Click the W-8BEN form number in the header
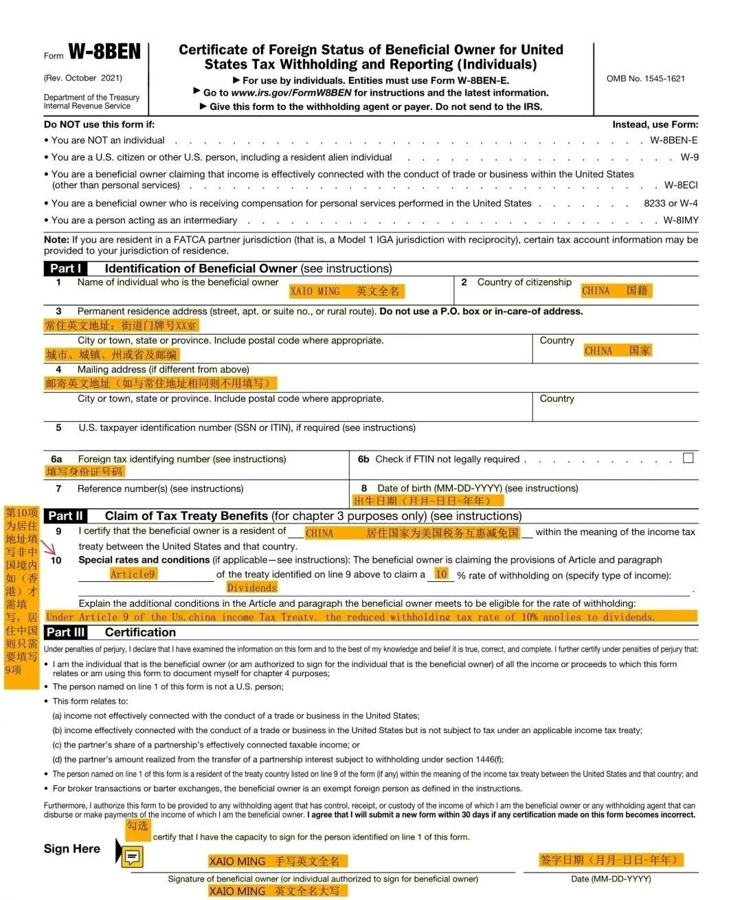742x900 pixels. coord(104,52)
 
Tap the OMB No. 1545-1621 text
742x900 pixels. coord(645,78)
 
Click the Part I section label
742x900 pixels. coord(66,269)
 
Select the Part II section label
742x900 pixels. coord(66,516)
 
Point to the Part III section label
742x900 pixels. coord(66,632)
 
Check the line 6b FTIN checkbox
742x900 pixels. coord(688,458)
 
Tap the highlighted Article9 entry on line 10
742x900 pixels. coord(133,574)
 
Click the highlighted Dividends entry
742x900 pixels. coord(251,587)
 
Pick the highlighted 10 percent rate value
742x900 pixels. coord(441,574)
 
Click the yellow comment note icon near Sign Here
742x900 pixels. coord(133,857)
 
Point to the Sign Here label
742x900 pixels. coord(71,848)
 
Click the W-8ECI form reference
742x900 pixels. coord(680,185)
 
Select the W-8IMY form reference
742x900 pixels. coord(680,221)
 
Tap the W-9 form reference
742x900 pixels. coord(689,157)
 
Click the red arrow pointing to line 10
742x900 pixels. coord(49,548)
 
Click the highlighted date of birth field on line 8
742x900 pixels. coord(428,501)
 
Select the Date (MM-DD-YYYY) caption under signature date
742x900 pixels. coord(610,879)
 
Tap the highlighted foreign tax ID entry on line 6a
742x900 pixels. coord(85,471)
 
